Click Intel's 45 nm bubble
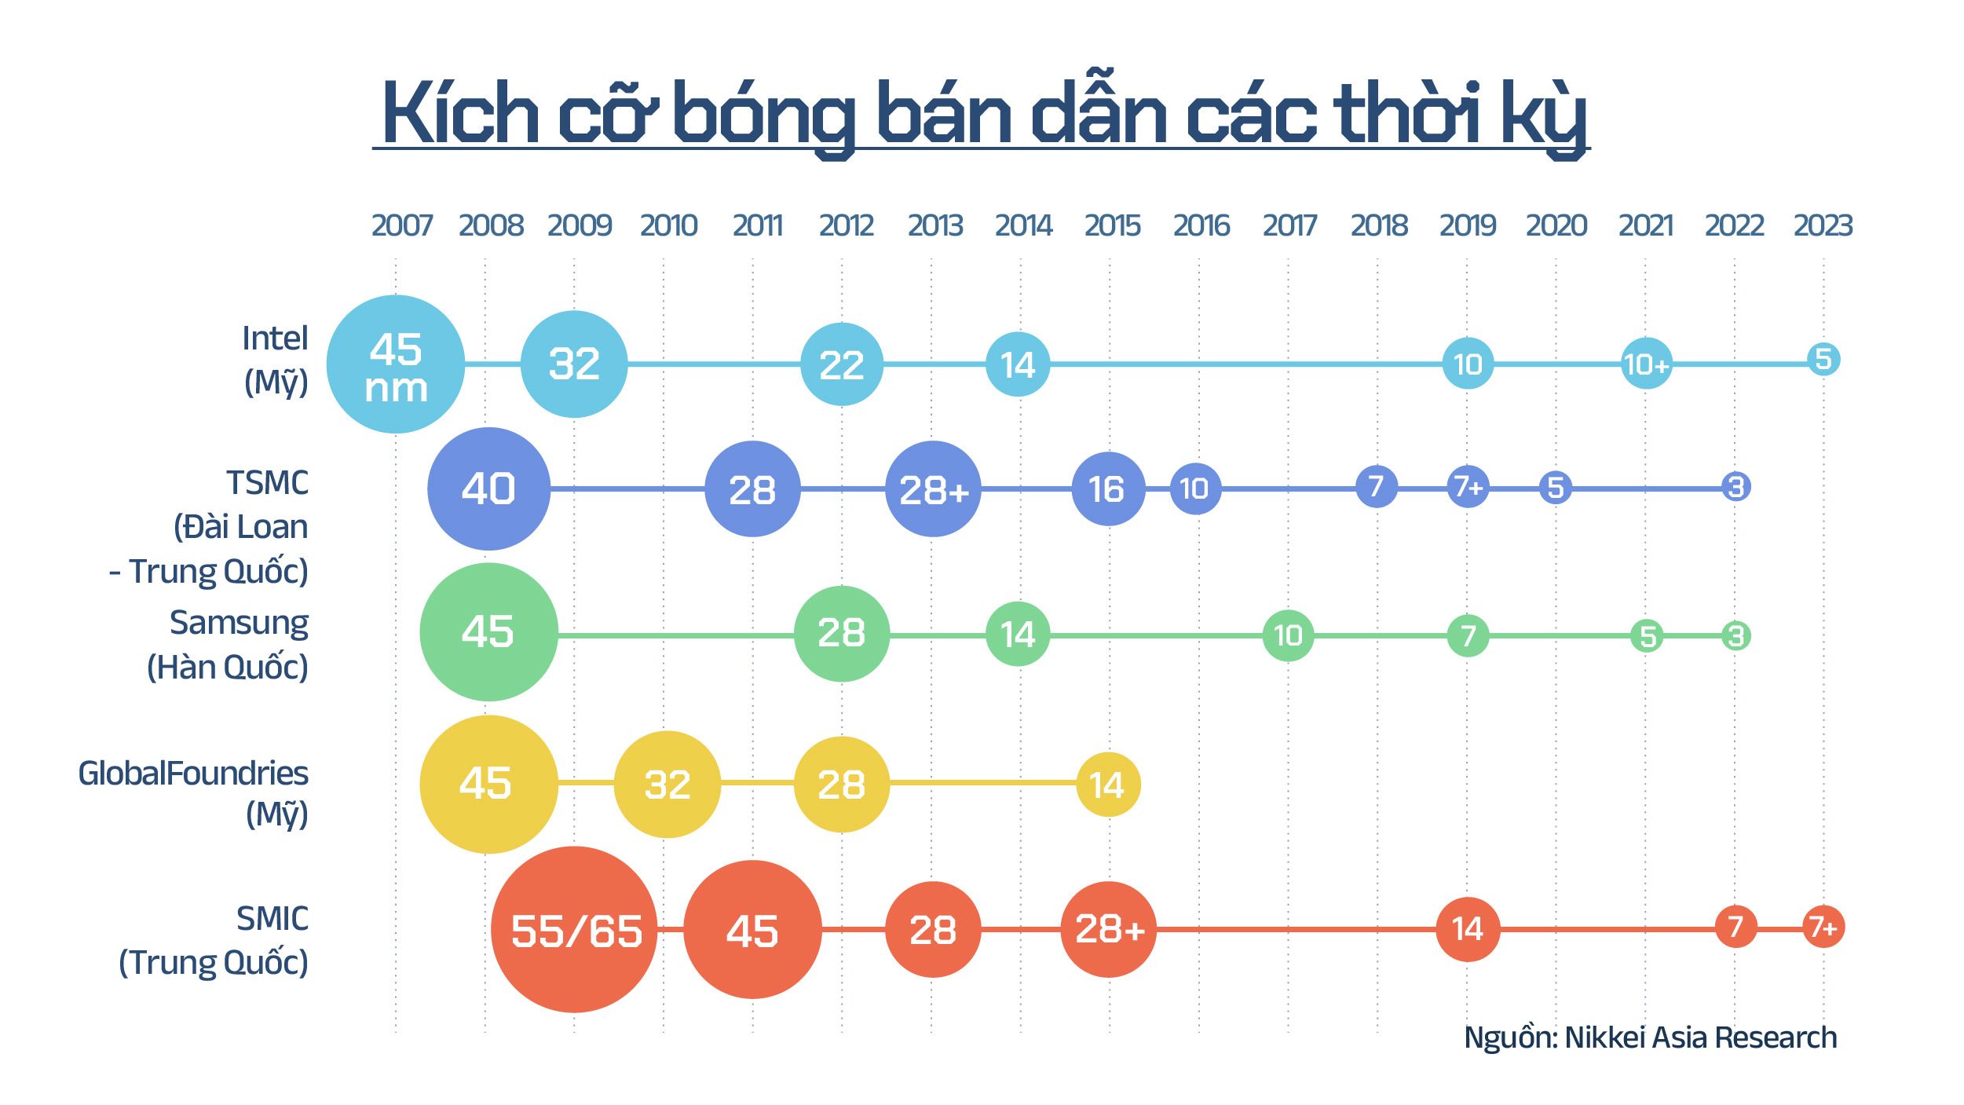395,364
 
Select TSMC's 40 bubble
488,488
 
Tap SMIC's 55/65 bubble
574,930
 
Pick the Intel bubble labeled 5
1823,359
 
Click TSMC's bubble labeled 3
1735,487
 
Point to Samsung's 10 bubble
1288,635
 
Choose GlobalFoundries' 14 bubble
1108,785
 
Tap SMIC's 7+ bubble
1823,928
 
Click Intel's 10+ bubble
1646,364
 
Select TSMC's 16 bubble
1108,488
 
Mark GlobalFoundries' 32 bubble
667,785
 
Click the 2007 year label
401,226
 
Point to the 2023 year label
1823,226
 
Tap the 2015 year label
1112,226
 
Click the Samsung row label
238,624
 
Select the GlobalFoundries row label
193,774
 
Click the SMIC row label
272,919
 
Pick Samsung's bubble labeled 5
1648,635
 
